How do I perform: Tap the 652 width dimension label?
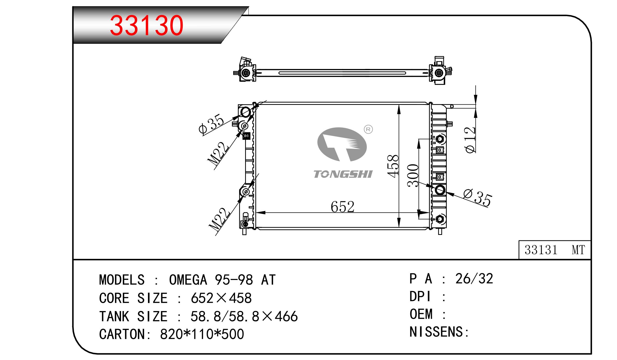click(342, 207)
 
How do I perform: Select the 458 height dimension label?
click(393, 166)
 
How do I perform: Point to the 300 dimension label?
click(413, 175)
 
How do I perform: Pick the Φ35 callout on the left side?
click(211, 124)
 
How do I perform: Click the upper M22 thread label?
click(218, 154)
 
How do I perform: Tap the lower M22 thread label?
click(219, 219)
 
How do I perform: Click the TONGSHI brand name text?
click(343, 174)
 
